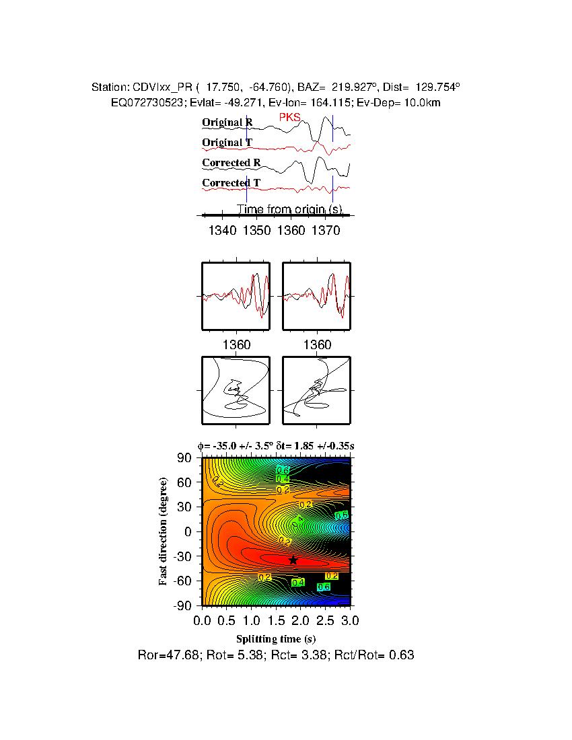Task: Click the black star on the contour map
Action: (293, 560)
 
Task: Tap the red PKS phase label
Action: (290, 118)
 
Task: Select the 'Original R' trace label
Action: (227, 122)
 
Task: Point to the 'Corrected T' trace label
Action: (231, 183)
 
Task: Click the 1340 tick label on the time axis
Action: (222, 231)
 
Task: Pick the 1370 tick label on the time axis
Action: (326, 231)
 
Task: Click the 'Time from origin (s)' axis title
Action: (290, 210)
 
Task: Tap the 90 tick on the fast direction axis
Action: (186, 458)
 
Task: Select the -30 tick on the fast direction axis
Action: (184, 556)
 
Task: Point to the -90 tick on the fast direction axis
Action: (184, 605)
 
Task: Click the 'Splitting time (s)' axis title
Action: (276, 638)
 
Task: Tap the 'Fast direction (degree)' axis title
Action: (164, 531)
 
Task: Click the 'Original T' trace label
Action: (227, 143)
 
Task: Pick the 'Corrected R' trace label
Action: (231, 163)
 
